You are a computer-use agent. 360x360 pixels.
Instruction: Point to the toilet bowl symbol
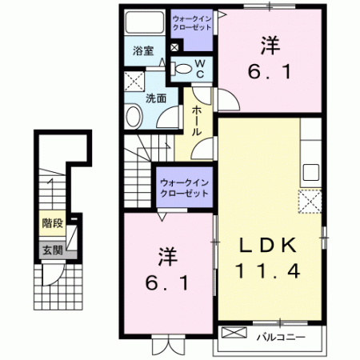(182, 68)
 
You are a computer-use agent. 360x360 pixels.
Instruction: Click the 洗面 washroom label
(155, 99)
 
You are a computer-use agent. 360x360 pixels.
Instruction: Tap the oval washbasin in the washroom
(133, 117)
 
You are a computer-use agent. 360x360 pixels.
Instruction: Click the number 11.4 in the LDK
(269, 271)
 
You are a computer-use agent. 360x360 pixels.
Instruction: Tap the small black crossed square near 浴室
(174, 47)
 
